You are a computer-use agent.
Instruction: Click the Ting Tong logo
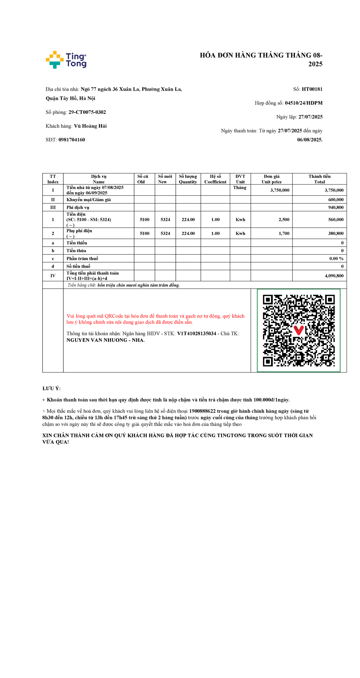pos(66,60)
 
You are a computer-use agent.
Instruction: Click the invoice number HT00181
pos(312,89)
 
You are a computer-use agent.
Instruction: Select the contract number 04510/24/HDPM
pos(304,103)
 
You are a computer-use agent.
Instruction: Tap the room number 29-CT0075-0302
pos(87,112)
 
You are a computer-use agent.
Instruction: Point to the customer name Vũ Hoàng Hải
pos(90,126)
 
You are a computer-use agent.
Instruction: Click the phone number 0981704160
pos(72,140)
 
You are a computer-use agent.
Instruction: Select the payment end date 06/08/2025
pos(310,140)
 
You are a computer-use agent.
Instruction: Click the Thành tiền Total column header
pos(319,179)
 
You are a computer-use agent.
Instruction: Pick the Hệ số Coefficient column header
pos(215,179)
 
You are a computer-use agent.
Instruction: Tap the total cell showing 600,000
pos(336,200)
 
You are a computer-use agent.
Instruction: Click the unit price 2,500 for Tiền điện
pos(284,220)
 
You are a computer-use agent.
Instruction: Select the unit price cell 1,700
pos(284,234)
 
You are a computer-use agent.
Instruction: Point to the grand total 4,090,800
pos(334,276)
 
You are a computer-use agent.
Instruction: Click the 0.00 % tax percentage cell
pos(336,259)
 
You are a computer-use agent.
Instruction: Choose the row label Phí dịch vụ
pos(78,207)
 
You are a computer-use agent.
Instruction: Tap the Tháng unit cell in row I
pos(240,188)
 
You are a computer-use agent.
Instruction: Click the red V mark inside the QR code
pos(298,330)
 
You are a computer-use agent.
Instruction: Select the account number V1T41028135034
pos(196,334)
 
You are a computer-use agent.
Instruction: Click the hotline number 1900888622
pos(202,411)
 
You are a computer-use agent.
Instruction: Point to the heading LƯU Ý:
pos(52,388)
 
